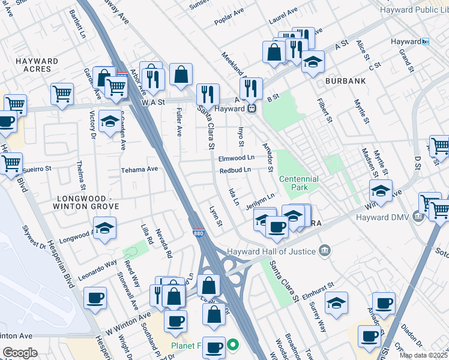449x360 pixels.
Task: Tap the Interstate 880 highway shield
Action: coord(198,232)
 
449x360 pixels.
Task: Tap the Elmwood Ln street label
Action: coord(237,158)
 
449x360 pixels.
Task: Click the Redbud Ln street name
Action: coord(235,170)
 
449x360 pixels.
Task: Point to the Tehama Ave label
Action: coord(139,169)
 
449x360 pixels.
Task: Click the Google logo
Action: coord(20,353)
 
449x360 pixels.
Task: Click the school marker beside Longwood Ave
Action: coord(104,228)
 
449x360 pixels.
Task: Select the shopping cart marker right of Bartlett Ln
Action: coord(62,94)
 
